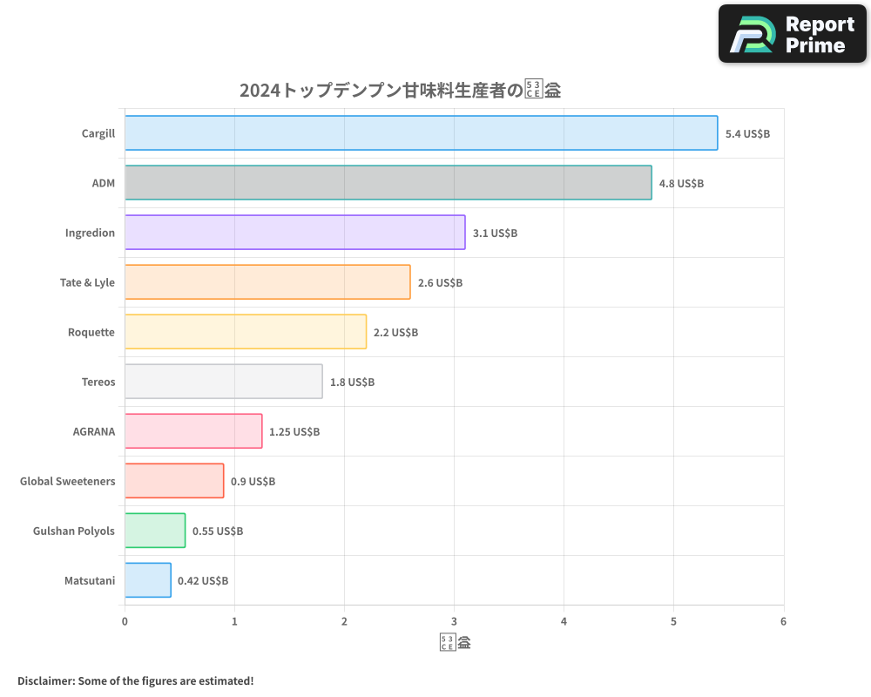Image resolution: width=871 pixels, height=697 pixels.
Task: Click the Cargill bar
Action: point(421,133)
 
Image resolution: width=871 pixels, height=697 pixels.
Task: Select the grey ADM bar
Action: point(388,183)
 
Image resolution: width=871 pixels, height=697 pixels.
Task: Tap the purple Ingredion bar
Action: point(294,233)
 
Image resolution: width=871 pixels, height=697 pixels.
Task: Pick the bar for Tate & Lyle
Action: point(267,282)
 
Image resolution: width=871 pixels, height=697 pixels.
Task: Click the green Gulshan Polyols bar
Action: point(155,531)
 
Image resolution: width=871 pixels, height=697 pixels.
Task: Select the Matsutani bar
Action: point(148,580)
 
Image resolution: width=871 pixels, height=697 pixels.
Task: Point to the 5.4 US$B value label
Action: point(747,134)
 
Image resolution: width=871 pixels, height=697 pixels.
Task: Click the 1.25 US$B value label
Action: point(294,432)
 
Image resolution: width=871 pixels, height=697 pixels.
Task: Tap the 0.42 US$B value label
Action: point(203,581)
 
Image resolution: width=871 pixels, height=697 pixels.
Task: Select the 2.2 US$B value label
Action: point(395,333)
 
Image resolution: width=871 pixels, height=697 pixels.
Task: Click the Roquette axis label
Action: point(91,333)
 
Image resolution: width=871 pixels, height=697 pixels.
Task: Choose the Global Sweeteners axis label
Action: point(68,482)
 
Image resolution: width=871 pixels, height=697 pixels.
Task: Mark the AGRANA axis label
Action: point(94,432)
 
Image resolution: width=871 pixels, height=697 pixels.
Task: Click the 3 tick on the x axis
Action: point(454,622)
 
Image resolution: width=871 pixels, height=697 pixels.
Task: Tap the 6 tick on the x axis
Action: point(783,622)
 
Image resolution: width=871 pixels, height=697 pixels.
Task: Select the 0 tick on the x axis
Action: point(125,622)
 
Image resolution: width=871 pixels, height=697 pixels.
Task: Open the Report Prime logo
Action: point(793,34)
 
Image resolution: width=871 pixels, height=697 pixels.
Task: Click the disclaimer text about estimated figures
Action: point(135,680)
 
